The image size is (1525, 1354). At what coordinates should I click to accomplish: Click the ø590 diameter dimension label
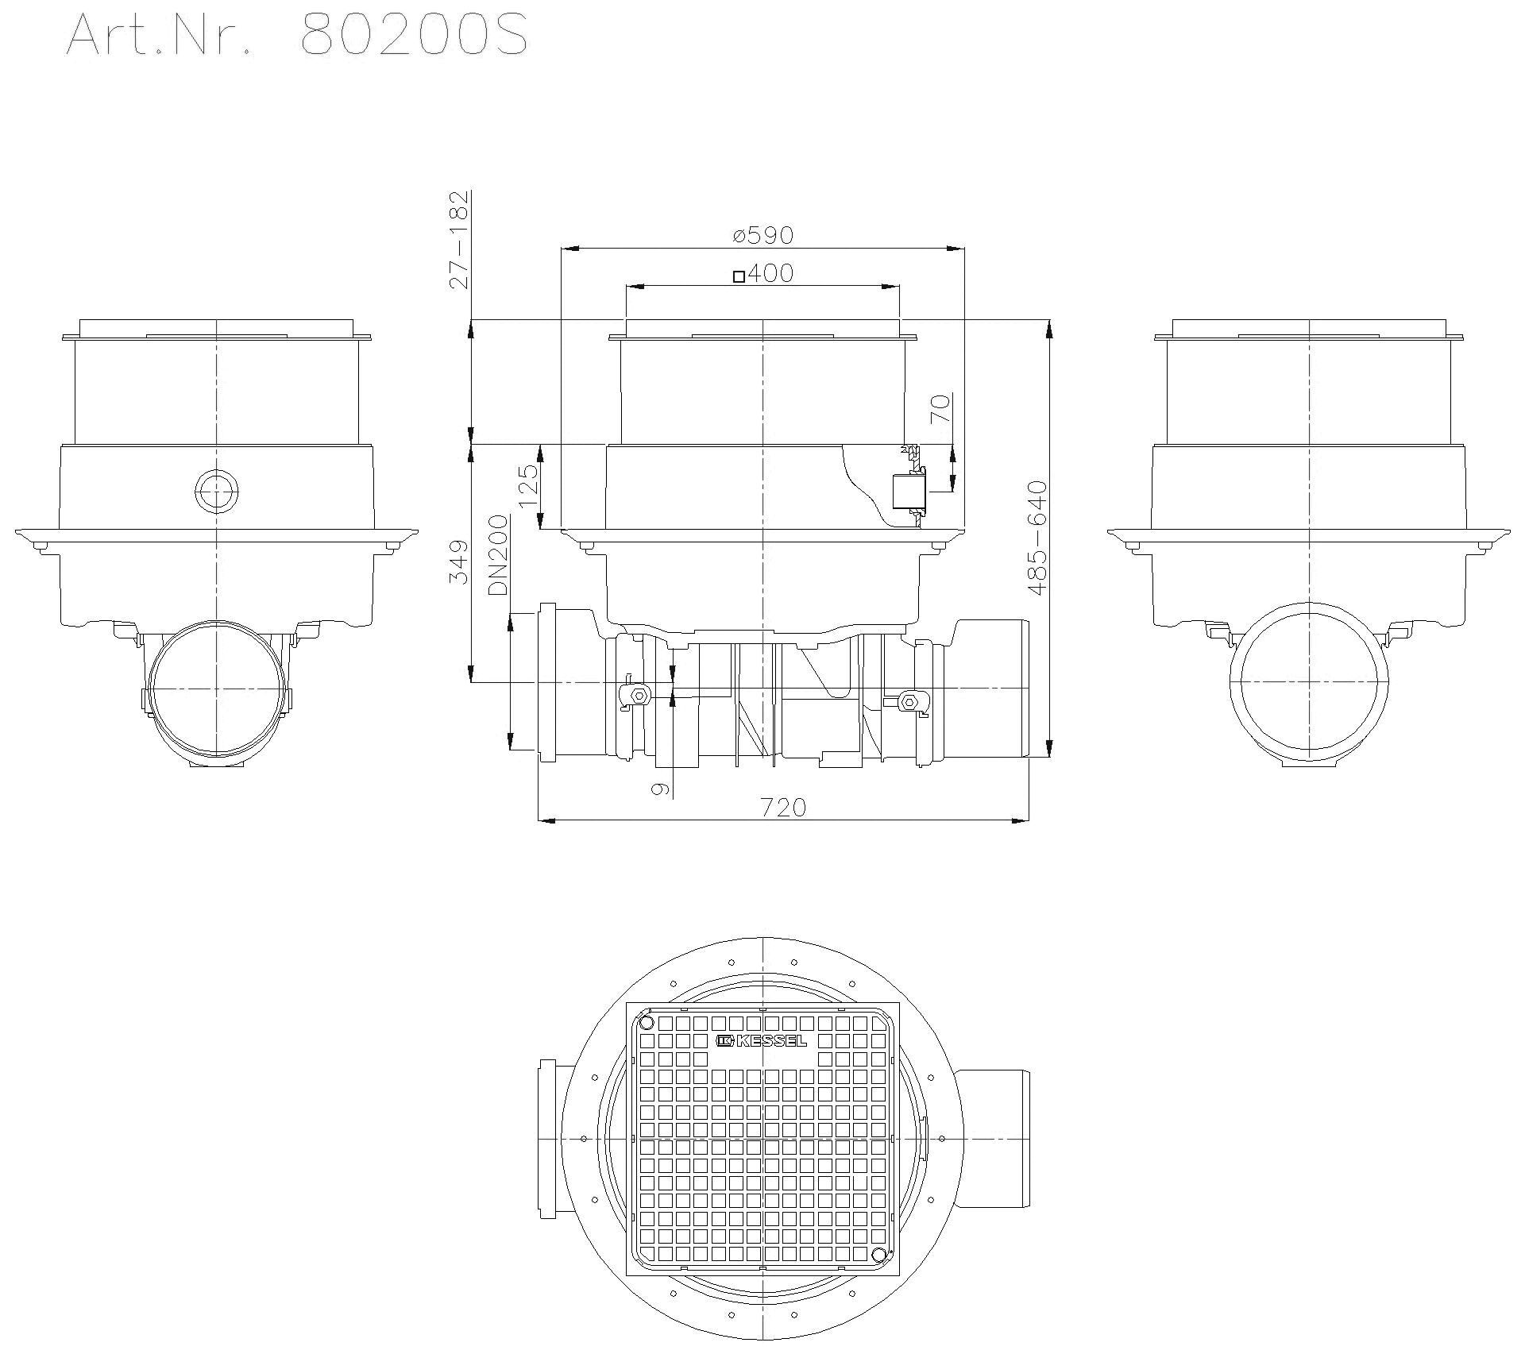pyautogui.click(x=763, y=236)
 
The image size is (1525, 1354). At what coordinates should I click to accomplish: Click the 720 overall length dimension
pyautogui.click(x=783, y=808)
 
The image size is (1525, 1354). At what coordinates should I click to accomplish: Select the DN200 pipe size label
pyautogui.click(x=498, y=555)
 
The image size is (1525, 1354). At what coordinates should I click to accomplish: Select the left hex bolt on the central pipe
pyautogui.click(x=638, y=696)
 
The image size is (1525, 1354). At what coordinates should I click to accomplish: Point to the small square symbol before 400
pyautogui.click(x=739, y=276)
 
